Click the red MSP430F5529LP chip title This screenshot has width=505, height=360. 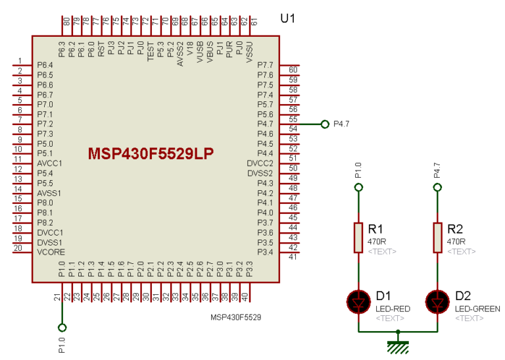click(x=152, y=153)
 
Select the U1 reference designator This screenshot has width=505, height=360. click(x=287, y=18)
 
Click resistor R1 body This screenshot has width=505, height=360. click(x=358, y=237)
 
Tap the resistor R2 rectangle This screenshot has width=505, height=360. click(x=437, y=237)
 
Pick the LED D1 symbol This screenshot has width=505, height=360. click(x=358, y=301)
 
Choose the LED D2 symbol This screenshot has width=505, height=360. click(x=437, y=301)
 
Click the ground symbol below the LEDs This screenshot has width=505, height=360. click(x=398, y=345)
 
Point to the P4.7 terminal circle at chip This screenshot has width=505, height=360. click(x=324, y=124)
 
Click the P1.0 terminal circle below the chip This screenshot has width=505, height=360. click(x=62, y=327)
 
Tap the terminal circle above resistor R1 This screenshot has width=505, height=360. click(x=358, y=188)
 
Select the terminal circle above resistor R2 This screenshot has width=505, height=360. click(x=437, y=188)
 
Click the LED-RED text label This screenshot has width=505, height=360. click(x=393, y=309)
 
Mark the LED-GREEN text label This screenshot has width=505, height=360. click(x=477, y=309)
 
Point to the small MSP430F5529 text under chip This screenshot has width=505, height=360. click(x=235, y=317)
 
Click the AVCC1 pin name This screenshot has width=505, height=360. click(x=49, y=163)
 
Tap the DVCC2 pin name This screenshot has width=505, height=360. click(x=260, y=163)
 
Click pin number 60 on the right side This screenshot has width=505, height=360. click(x=293, y=70)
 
